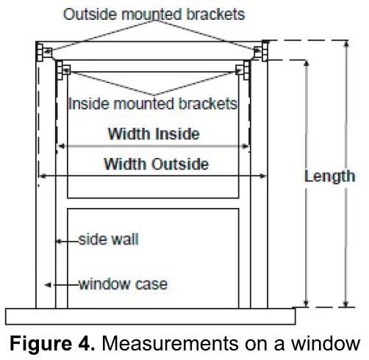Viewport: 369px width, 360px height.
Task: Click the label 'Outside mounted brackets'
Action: [154, 14]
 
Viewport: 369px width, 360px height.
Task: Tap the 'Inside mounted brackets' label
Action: [152, 104]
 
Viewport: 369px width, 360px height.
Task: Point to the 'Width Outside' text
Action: [156, 164]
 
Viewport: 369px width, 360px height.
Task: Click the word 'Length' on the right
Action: [330, 176]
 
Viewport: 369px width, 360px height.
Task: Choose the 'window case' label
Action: [123, 284]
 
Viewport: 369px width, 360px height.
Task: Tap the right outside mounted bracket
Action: [260, 51]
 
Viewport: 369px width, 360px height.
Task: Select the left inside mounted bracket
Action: [64, 70]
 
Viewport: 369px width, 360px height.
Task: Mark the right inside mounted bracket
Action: [240, 70]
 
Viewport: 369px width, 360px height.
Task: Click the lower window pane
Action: [153, 257]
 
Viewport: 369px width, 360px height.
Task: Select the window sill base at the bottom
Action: [151, 316]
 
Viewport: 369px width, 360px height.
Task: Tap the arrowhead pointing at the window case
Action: [48, 284]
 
